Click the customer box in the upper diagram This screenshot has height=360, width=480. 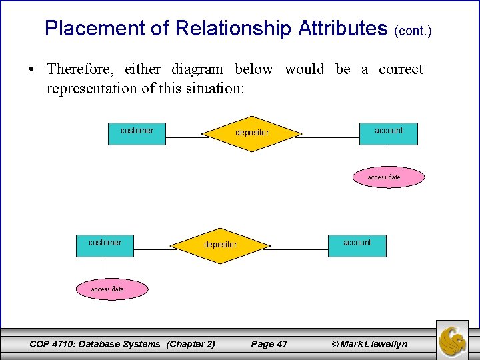coord(137,133)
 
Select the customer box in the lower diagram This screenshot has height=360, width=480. coord(105,245)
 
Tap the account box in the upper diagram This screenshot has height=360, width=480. coord(389,133)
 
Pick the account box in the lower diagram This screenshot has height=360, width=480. coord(357,245)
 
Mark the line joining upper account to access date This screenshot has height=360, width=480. coord(389,156)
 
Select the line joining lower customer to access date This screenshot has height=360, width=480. coord(105,268)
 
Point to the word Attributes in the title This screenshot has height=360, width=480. coord(343,29)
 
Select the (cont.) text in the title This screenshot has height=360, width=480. coord(413,31)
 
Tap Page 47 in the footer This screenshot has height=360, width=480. coord(269,344)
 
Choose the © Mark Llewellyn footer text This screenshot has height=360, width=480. coord(369,344)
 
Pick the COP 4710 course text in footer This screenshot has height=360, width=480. coord(123,344)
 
